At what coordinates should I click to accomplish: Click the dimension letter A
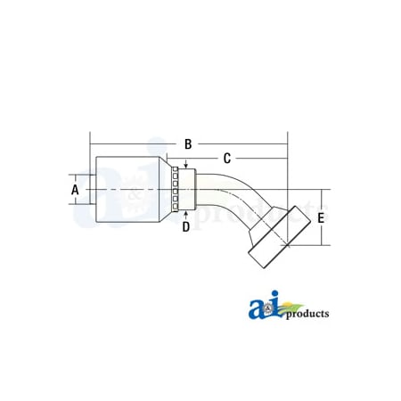point(75,190)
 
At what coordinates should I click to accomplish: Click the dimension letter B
point(188,143)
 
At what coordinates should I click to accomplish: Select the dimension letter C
point(226,158)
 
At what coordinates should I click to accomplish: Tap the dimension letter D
point(186,226)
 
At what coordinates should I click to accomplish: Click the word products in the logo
point(305,314)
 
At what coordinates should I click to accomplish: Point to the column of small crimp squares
point(176,190)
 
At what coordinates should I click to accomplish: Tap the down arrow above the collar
point(185,164)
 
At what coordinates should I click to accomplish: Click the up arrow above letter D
point(185,214)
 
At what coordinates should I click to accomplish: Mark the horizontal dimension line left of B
point(134,143)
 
